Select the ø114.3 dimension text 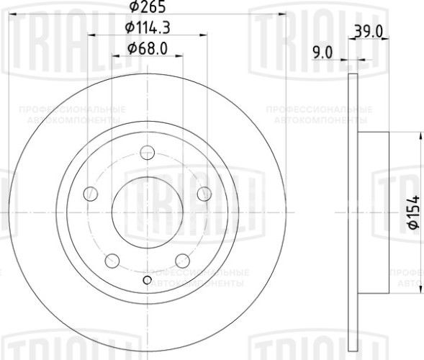(x=147, y=28)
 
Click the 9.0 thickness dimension (x=324, y=51)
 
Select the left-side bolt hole (x=91, y=193)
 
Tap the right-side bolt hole (x=204, y=193)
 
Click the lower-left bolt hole (x=113, y=259)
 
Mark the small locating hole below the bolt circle (x=148, y=280)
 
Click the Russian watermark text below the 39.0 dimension (x=318, y=113)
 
